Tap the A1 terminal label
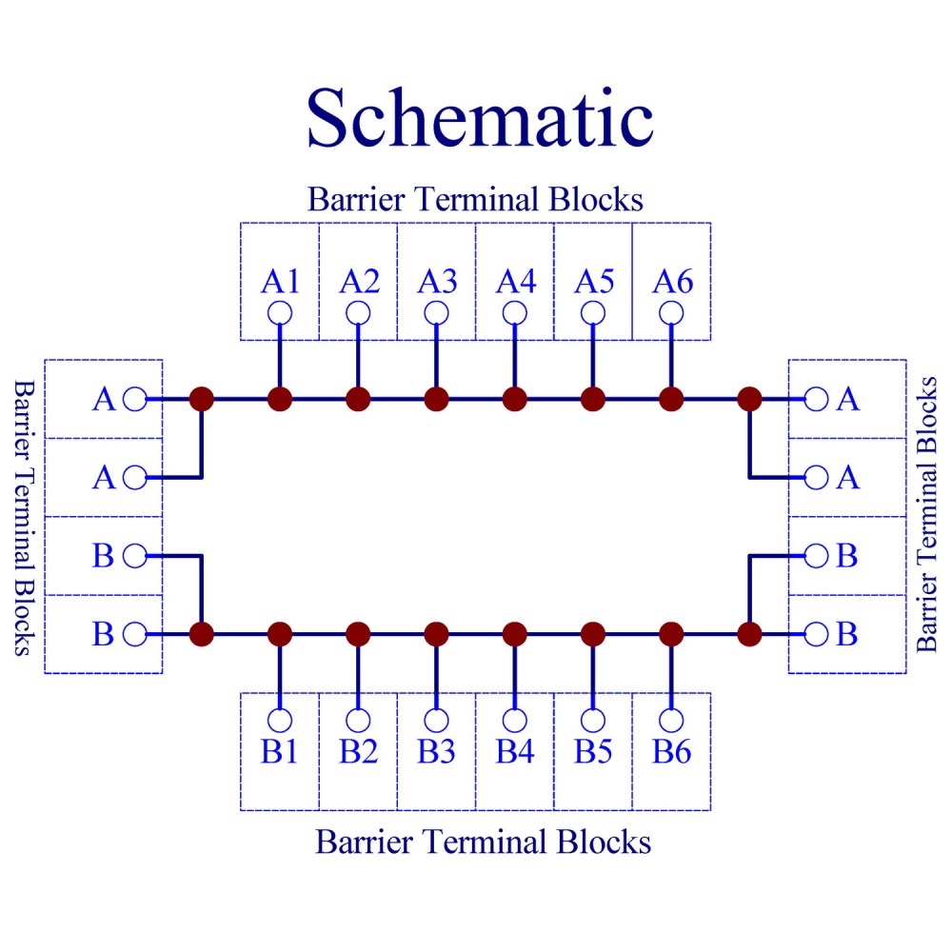click(x=280, y=282)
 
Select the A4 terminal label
click(x=515, y=282)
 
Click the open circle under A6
click(x=671, y=312)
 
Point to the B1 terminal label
click(x=280, y=752)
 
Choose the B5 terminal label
click(x=593, y=752)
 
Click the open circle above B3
click(x=436, y=720)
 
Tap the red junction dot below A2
click(x=358, y=399)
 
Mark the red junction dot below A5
click(x=593, y=399)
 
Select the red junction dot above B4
click(x=515, y=633)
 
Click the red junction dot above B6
click(x=671, y=633)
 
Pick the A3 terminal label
click(x=436, y=282)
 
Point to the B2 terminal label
click(x=358, y=752)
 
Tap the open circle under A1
click(x=280, y=312)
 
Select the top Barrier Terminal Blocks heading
click(x=475, y=200)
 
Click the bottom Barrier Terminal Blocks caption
click(x=483, y=842)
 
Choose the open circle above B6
click(x=671, y=720)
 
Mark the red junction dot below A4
click(x=515, y=399)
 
